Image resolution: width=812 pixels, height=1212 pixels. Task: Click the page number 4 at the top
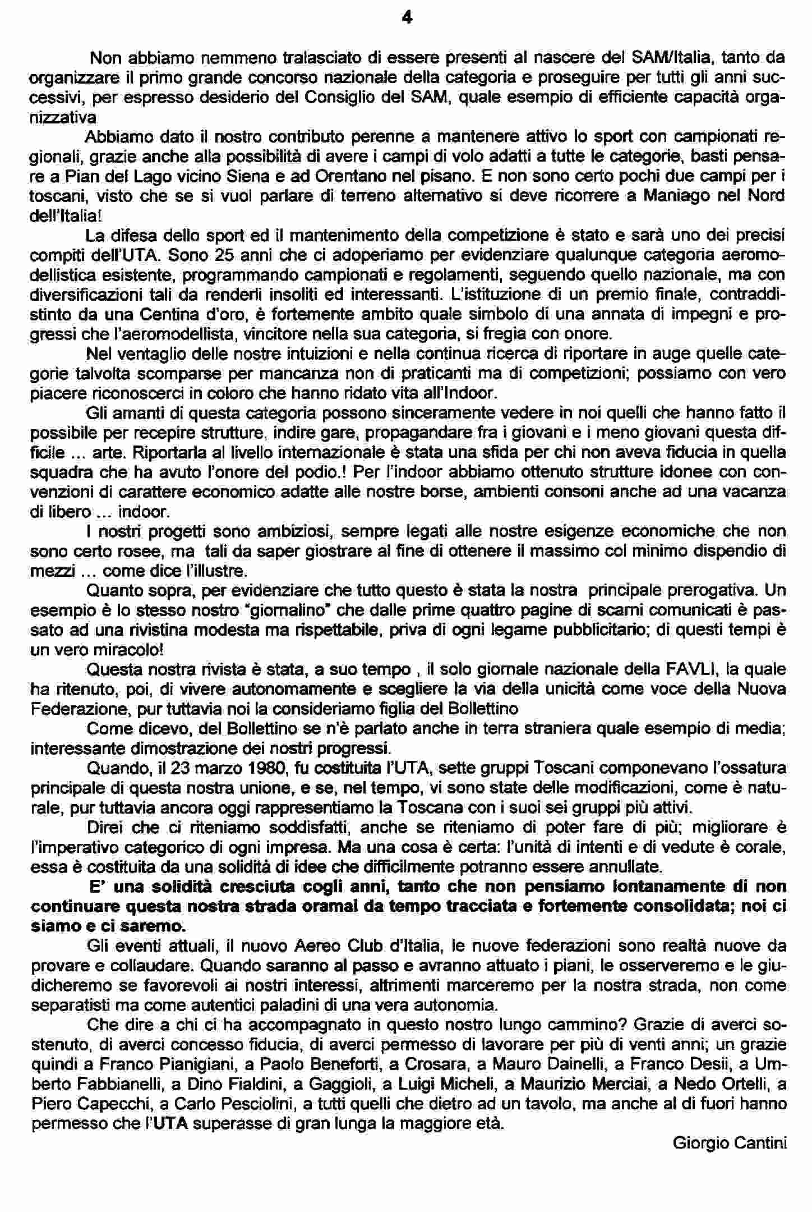[407, 19]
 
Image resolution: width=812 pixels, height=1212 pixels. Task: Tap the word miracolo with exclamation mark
[129, 650]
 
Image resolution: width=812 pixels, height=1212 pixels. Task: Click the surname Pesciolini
[252, 1104]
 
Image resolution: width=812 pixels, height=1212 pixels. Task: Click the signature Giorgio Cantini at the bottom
[730, 1142]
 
